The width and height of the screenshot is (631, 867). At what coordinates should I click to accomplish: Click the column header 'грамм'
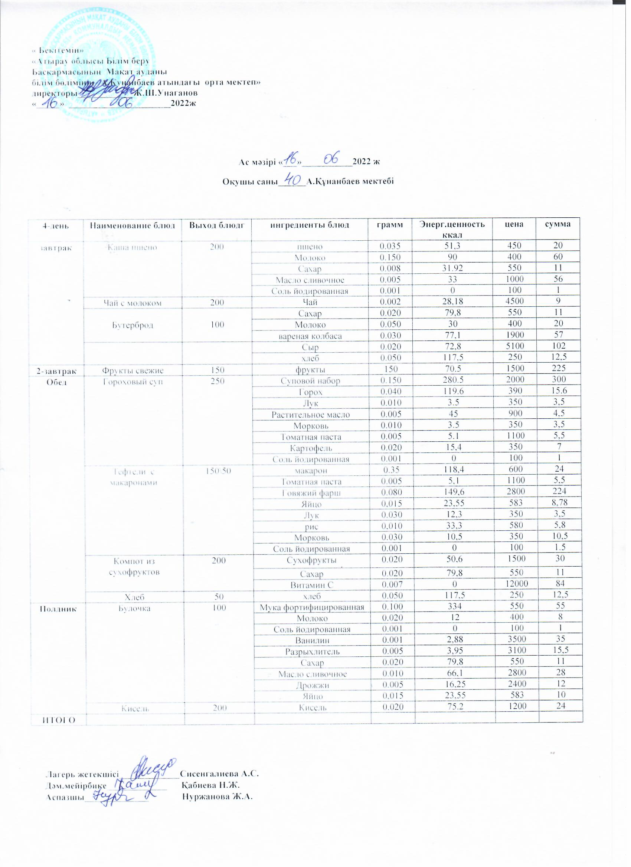click(x=390, y=224)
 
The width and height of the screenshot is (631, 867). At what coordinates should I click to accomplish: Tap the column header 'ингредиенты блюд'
click(x=310, y=225)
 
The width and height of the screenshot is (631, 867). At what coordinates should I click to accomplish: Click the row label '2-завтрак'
click(x=57, y=370)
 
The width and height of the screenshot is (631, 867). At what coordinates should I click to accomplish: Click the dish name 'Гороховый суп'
click(x=133, y=382)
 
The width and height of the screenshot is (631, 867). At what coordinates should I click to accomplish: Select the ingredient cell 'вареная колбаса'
click(x=310, y=336)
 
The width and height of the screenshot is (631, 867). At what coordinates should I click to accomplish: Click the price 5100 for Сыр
click(x=515, y=346)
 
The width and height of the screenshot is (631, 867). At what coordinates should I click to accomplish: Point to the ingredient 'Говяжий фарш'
click(x=311, y=493)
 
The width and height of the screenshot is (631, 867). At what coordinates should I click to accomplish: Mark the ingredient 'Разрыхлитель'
click(x=312, y=652)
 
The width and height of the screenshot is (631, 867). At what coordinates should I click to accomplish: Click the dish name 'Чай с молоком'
click(x=133, y=303)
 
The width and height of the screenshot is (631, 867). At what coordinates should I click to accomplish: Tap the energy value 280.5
click(x=453, y=380)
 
